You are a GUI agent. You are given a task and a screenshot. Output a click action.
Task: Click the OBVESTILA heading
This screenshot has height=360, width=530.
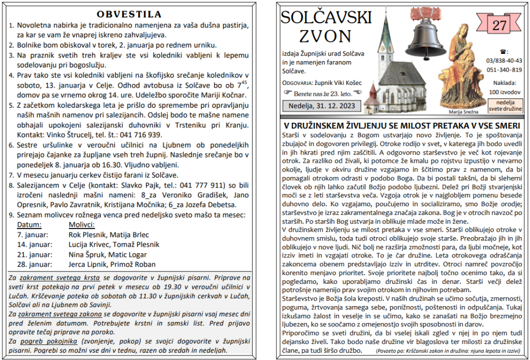coord(129,14)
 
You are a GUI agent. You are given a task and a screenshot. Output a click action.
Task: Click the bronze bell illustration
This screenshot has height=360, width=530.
coord(425,34)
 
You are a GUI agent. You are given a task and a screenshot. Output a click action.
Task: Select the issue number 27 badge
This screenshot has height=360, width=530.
coord(499,25)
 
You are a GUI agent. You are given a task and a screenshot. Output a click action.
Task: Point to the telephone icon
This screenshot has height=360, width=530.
coord(504,52)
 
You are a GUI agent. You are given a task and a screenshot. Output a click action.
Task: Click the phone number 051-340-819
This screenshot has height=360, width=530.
coord(504,70)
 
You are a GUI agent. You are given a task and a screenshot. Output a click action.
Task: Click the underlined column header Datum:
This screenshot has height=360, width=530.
coord(29,225)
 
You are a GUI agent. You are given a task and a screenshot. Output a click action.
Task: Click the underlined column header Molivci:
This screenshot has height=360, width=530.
coord(82,225)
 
